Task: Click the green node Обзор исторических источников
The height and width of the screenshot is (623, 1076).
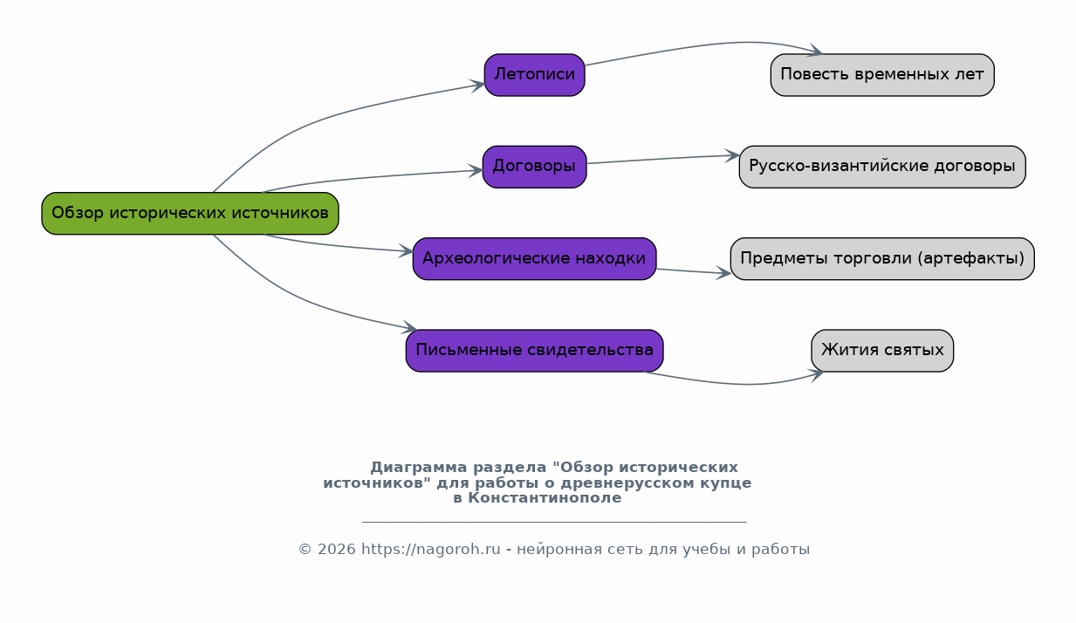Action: click(x=190, y=213)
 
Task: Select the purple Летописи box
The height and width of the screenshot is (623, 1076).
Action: click(x=535, y=75)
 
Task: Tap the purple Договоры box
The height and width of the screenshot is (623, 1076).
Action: click(x=535, y=167)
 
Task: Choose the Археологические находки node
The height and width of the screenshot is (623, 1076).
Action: click(x=534, y=258)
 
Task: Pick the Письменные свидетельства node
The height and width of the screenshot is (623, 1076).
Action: click(x=535, y=350)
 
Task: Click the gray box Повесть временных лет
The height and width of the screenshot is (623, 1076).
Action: click(x=882, y=75)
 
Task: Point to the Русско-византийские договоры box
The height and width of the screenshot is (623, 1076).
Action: click(x=882, y=167)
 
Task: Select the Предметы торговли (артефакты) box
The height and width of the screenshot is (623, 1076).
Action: click(x=882, y=258)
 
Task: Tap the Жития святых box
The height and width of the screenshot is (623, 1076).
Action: click(x=882, y=350)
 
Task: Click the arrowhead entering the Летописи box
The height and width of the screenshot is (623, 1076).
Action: click(x=478, y=86)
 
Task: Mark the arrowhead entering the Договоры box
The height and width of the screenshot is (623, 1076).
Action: click(x=476, y=170)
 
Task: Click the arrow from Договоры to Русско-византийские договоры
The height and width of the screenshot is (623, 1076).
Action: click(x=663, y=159)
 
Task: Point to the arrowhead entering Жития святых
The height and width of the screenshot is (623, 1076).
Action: click(x=817, y=374)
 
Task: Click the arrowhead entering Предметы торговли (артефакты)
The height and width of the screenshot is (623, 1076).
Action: click(x=723, y=273)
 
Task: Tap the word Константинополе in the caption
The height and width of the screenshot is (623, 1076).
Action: click(x=545, y=498)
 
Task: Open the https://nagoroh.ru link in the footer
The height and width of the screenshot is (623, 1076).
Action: click(x=431, y=549)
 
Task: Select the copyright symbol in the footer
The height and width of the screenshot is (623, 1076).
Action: click(x=305, y=549)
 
